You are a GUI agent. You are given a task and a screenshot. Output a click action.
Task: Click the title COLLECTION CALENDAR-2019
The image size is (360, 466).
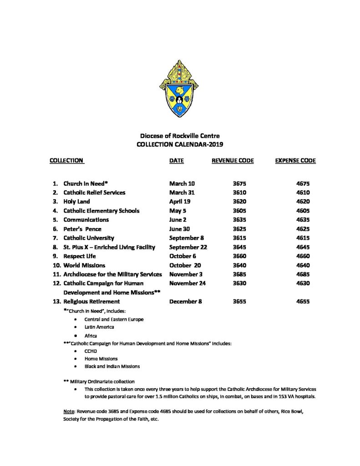pos(180,144)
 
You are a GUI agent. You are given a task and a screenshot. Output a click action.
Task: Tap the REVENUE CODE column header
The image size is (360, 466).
pos(233,161)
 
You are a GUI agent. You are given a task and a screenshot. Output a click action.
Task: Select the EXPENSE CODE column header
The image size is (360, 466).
pos(295,161)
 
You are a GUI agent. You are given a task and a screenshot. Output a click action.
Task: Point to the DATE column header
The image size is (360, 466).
pos(177,161)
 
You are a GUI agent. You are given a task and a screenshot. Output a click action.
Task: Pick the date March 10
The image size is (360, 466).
pos(182,183)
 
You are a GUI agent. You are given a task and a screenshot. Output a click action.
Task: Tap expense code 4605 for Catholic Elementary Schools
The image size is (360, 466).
pos(303,211)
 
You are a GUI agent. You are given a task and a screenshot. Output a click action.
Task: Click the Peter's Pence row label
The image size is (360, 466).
pos(82,229)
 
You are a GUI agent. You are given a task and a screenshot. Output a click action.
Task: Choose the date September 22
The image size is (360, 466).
pos(188,247)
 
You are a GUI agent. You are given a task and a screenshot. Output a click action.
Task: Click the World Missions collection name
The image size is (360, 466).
pos(84,265)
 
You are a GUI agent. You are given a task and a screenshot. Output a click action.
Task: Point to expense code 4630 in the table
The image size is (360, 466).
pos(303,284)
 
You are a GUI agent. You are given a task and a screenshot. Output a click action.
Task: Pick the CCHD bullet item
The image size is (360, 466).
pos(91,351)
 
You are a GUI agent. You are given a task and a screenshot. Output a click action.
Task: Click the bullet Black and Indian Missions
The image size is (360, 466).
pos(112,366)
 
